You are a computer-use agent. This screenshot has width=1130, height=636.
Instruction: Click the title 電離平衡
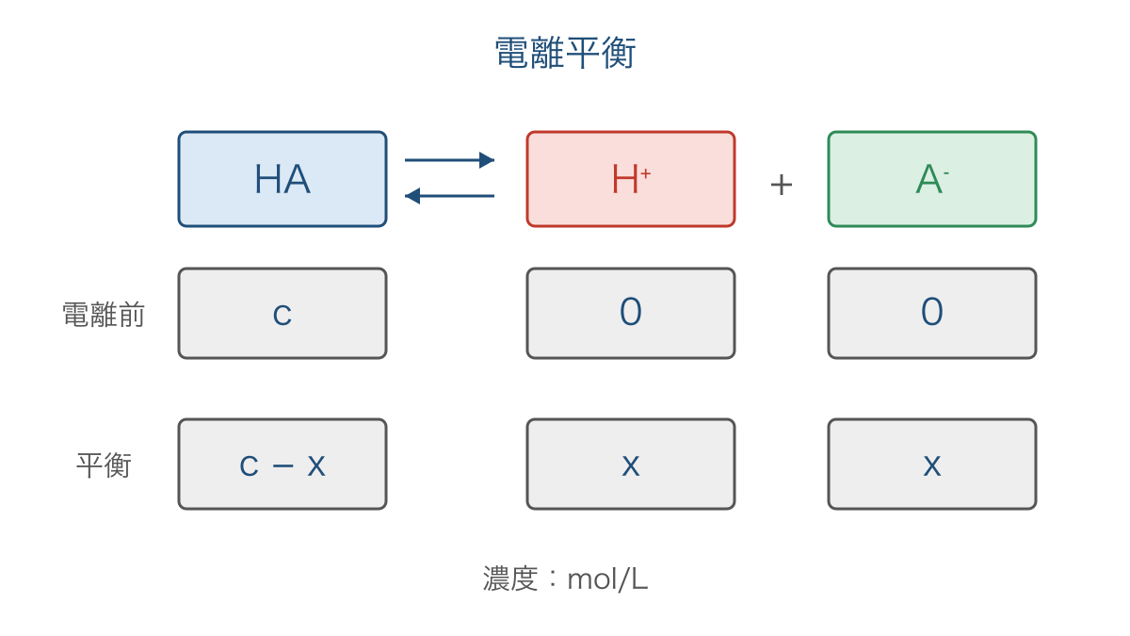(x=565, y=53)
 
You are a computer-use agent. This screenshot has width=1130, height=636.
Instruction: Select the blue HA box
(x=282, y=179)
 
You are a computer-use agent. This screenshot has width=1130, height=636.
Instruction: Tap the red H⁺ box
(x=631, y=179)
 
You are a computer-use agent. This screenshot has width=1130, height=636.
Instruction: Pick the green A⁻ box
(x=932, y=179)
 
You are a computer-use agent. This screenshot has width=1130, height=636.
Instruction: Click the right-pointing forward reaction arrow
(x=449, y=160)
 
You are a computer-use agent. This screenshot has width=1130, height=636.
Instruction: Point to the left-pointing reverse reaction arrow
(x=449, y=196)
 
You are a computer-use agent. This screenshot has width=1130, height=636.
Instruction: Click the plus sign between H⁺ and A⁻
(x=782, y=185)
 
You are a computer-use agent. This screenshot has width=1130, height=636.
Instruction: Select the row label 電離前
(x=104, y=315)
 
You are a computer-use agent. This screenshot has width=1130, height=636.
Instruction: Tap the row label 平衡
(x=104, y=465)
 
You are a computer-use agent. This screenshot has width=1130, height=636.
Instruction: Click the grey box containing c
(x=282, y=314)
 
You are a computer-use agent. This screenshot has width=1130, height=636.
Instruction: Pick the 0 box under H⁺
(x=631, y=314)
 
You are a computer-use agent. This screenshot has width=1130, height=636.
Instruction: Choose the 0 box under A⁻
(x=932, y=314)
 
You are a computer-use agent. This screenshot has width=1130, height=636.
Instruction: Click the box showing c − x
(x=282, y=464)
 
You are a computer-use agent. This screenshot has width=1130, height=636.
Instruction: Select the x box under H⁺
(x=631, y=464)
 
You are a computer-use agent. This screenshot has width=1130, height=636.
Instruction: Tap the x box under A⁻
(x=932, y=464)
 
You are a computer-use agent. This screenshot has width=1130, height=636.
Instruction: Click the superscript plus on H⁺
(x=646, y=173)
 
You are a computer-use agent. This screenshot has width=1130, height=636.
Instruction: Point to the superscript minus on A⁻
(x=946, y=173)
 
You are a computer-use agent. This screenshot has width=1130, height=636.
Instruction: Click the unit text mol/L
(x=607, y=579)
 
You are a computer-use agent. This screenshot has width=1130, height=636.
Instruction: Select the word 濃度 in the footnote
(x=510, y=579)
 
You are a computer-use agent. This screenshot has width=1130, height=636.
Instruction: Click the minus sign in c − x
(x=283, y=465)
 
